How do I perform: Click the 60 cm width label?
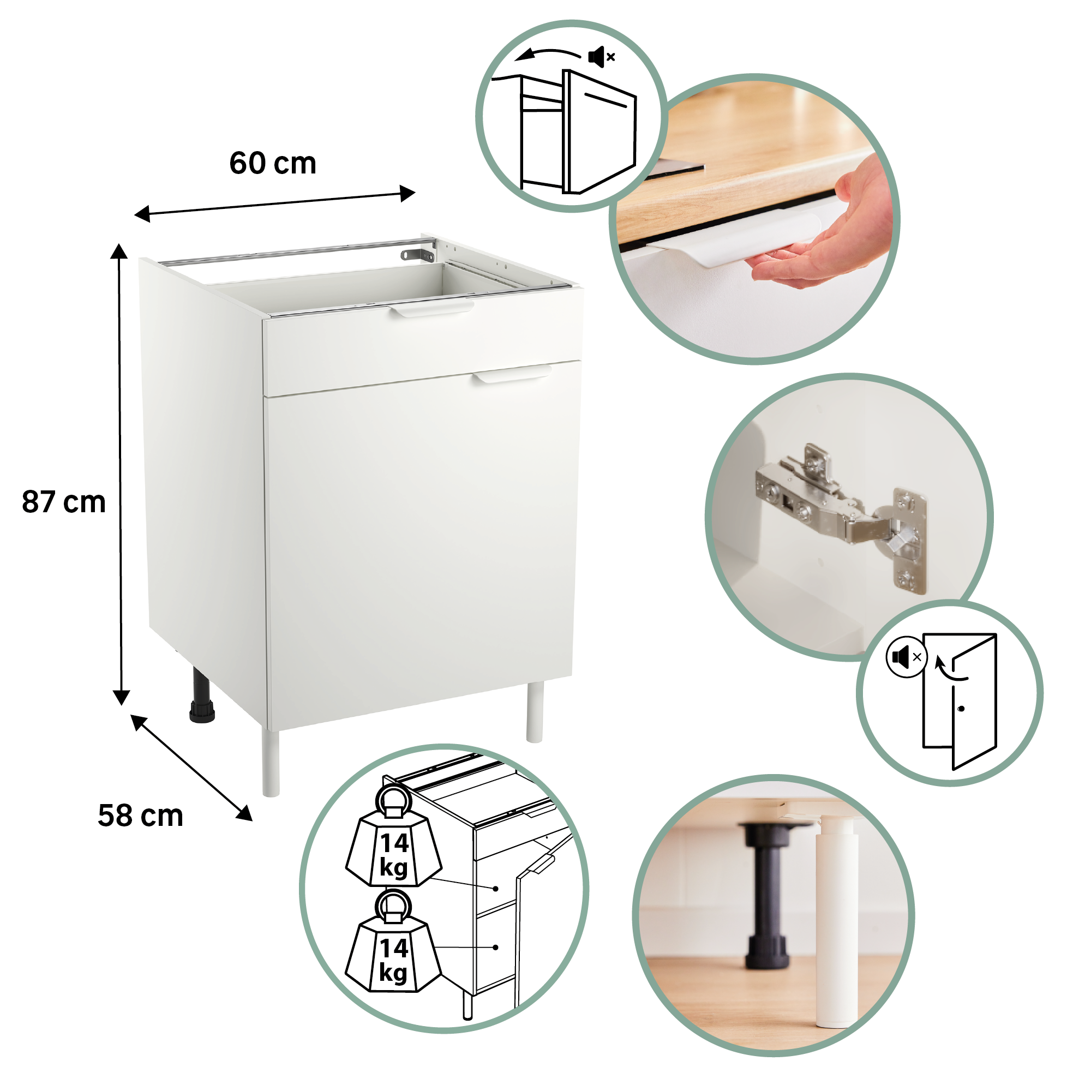[273, 164]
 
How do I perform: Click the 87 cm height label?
[64, 502]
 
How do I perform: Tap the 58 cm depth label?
[141, 816]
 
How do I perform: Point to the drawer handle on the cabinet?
[432, 309]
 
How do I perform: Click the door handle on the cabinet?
[512, 374]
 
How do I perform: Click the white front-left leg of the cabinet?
[271, 763]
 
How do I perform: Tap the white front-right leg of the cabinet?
[534, 711]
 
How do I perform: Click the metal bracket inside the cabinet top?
[417, 254]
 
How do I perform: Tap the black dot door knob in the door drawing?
[961, 709]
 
